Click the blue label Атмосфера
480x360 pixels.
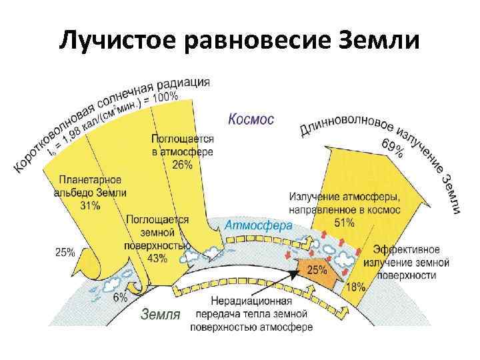(259, 225)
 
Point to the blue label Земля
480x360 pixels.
(159, 314)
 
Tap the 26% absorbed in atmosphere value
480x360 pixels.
(182, 165)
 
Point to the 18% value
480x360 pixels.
(356, 287)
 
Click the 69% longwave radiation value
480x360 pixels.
(392, 147)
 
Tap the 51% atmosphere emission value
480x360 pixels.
(345, 223)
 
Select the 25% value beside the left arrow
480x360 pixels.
(65, 253)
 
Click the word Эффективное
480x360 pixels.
(406, 249)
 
